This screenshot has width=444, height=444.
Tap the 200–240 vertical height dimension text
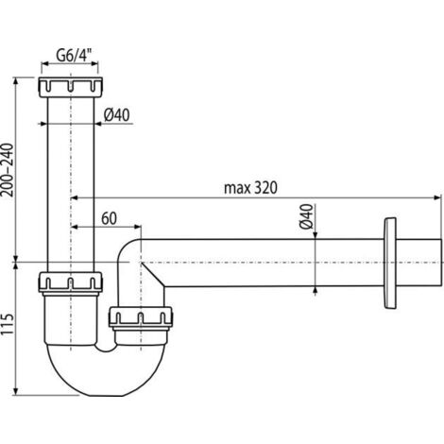[x=8, y=170]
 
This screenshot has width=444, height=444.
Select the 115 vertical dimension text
[x=8, y=324]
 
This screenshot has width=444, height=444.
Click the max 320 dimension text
[x=250, y=188]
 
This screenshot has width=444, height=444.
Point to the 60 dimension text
[x=109, y=218]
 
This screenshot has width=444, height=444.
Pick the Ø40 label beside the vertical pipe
[x=117, y=115]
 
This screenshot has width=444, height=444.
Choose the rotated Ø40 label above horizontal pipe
[x=307, y=216]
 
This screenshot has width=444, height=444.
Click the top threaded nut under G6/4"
[x=71, y=87]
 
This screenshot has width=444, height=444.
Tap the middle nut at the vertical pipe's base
[x=71, y=282]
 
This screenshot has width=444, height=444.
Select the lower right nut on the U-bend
[x=141, y=316]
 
